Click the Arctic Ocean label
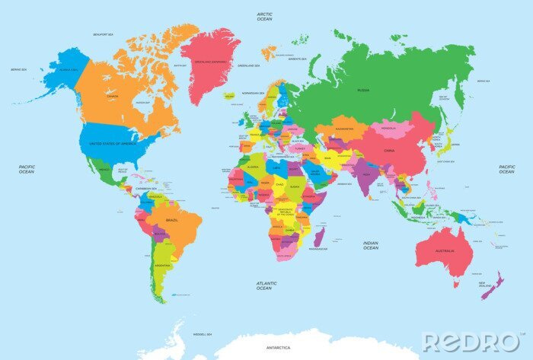tap(264, 16)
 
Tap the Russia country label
tap(363, 90)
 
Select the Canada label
tap(113, 97)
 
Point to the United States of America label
tap(113, 143)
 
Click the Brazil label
tap(172, 219)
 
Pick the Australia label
tap(445, 250)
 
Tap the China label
tap(389, 151)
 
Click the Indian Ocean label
tap(370, 245)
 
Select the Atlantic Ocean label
tap(264, 285)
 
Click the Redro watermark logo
tap(468, 342)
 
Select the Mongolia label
tap(390, 129)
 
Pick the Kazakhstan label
tap(343, 129)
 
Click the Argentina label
tap(161, 265)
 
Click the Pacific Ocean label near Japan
tap(506, 169)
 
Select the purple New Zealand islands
tap(492, 287)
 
